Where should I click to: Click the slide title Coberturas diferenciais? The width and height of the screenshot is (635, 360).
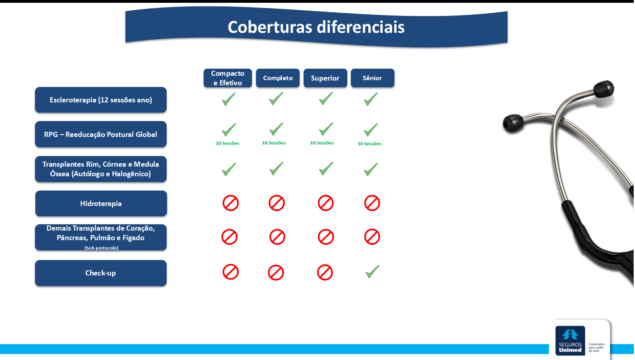(x=316, y=27)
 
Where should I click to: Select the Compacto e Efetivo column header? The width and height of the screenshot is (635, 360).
(x=228, y=78)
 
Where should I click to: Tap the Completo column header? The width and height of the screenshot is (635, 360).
(x=278, y=78)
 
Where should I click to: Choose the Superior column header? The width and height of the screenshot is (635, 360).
(x=325, y=78)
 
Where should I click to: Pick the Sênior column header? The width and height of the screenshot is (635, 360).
(x=373, y=78)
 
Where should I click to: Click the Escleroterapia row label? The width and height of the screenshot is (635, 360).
(x=101, y=100)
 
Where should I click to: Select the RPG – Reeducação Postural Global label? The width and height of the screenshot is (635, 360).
(x=101, y=134)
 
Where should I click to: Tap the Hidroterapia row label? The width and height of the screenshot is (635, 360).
(x=101, y=204)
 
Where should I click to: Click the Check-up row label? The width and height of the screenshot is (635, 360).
(x=101, y=273)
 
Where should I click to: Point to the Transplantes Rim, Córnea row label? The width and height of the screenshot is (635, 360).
(x=101, y=169)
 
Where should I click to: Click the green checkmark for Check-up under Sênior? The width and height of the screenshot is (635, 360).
(x=372, y=271)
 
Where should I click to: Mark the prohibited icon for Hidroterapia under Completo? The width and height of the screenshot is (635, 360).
(x=277, y=203)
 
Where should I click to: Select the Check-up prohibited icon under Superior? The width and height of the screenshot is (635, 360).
(x=325, y=272)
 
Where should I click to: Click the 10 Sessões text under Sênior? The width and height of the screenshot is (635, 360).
(x=369, y=144)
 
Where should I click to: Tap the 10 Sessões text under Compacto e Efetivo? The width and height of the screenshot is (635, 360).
(x=227, y=143)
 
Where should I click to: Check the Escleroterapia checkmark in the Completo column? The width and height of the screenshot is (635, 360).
(x=276, y=99)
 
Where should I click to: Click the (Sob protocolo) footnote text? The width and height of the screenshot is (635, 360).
(x=101, y=248)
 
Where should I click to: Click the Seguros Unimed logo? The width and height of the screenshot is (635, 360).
(x=570, y=341)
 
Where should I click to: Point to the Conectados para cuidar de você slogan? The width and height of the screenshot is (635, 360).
(x=597, y=348)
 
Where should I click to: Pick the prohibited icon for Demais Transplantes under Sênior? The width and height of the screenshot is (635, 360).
(x=372, y=237)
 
